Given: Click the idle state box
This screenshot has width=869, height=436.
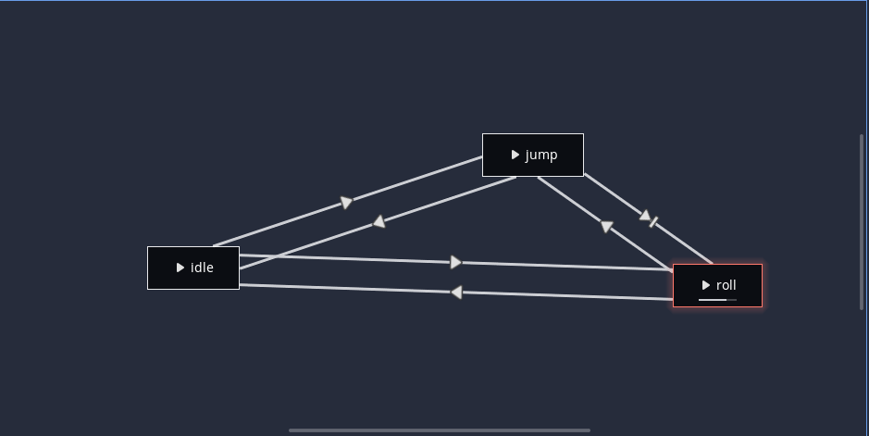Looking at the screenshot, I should coord(193,268).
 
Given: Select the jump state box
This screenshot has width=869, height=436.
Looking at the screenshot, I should coord(532,155).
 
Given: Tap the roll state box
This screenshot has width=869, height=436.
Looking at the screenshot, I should coord(717,285).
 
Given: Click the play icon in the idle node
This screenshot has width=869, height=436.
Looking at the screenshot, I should coord(180,268).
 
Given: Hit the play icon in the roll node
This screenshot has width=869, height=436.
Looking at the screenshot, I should coord(706,285).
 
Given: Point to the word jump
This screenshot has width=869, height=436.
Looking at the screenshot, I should coord(541,155).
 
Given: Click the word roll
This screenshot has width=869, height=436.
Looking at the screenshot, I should coord(726,285).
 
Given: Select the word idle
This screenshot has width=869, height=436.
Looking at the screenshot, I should coord(202,268).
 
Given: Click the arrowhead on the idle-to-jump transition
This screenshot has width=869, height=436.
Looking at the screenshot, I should coord(346,203).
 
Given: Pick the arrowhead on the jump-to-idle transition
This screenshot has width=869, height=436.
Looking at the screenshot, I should coord(379,222).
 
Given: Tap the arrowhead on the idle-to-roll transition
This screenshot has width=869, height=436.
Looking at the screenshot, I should coord(455,263).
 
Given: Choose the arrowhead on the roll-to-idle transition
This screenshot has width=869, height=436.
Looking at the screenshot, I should coord(455,293).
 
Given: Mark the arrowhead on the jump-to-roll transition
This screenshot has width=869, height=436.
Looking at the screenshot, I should coord(645,216).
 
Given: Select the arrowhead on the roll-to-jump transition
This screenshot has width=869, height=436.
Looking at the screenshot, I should coord(606,226).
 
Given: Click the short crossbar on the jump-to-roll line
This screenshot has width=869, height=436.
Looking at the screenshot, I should coord(654,222).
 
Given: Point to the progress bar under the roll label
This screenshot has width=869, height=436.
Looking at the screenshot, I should coord(717,300).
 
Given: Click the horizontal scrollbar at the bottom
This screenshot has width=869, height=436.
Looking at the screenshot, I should coord(440,430).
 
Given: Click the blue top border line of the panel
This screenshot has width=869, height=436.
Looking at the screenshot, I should coord(434,1).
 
